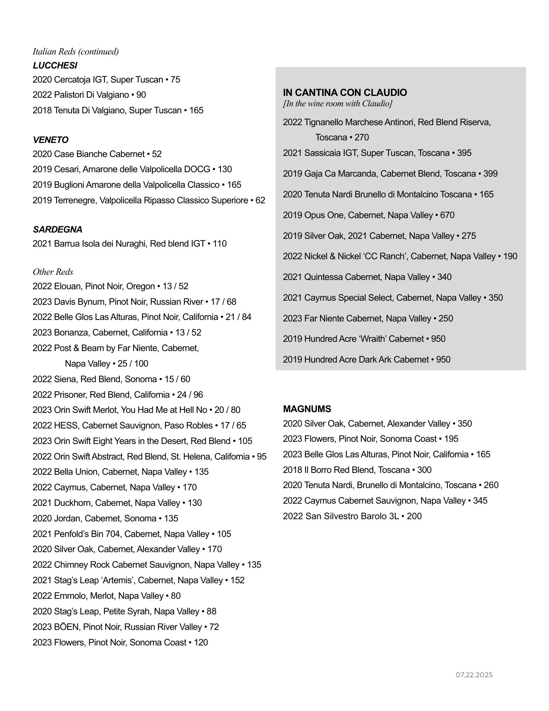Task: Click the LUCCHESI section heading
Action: pyautogui.click(x=55, y=66)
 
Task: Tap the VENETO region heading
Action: pyautogui.click(x=51, y=140)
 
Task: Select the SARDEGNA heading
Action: pyautogui.click(x=58, y=230)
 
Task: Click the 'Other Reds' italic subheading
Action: pyautogui.click(x=53, y=272)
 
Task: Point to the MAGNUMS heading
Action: pyautogui.click(x=307, y=409)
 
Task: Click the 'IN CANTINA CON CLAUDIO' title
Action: pyautogui.click(x=345, y=93)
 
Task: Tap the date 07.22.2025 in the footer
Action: pyautogui.click(x=474, y=675)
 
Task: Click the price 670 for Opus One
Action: pyautogui.click(x=447, y=215)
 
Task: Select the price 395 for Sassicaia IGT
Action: pyautogui.click(x=464, y=153)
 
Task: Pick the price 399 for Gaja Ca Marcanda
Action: pyautogui.click(x=491, y=174)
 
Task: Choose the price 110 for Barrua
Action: pyautogui.click(x=220, y=244)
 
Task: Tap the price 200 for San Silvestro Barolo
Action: pyautogui.click(x=414, y=516)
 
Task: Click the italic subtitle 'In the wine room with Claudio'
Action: pyautogui.click(x=338, y=103)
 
